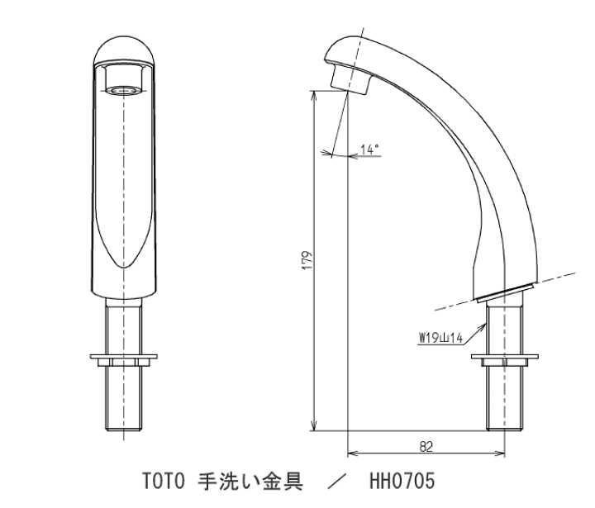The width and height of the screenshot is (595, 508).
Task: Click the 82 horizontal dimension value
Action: pos(426,446)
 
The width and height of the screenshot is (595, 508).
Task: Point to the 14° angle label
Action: pos(369,150)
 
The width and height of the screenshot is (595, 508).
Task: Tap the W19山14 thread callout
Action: pos(442,336)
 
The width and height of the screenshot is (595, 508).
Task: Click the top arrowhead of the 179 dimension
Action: pos(312,93)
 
